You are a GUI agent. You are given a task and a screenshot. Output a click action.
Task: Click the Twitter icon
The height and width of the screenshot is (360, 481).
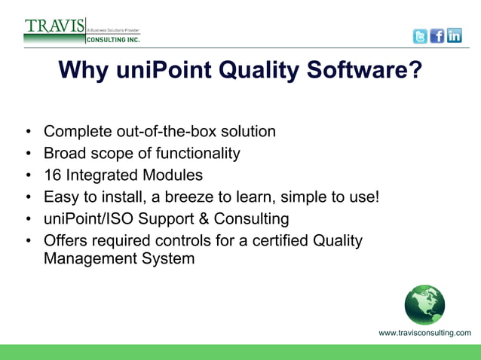pos(420,36)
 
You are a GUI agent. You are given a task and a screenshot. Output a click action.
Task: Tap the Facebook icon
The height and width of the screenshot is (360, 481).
pos(437,36)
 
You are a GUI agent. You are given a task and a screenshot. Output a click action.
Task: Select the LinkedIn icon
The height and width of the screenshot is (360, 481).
pos(455,36)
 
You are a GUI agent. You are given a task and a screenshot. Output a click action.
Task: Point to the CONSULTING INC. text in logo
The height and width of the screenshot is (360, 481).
pos(112,39)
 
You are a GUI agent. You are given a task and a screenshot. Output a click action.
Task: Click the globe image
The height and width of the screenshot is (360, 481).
pos(424,304)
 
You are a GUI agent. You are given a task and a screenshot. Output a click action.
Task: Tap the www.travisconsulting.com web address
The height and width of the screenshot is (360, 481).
pos(424,333)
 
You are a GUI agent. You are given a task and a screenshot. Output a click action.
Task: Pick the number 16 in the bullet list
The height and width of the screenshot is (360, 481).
pos(52,175)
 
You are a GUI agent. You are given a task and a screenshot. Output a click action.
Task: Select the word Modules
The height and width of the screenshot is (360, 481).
pos(176,175)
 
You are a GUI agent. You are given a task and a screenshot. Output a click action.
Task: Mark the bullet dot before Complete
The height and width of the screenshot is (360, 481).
pos(28,133)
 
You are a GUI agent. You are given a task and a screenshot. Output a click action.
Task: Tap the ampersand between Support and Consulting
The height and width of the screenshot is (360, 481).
pos(204,219)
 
